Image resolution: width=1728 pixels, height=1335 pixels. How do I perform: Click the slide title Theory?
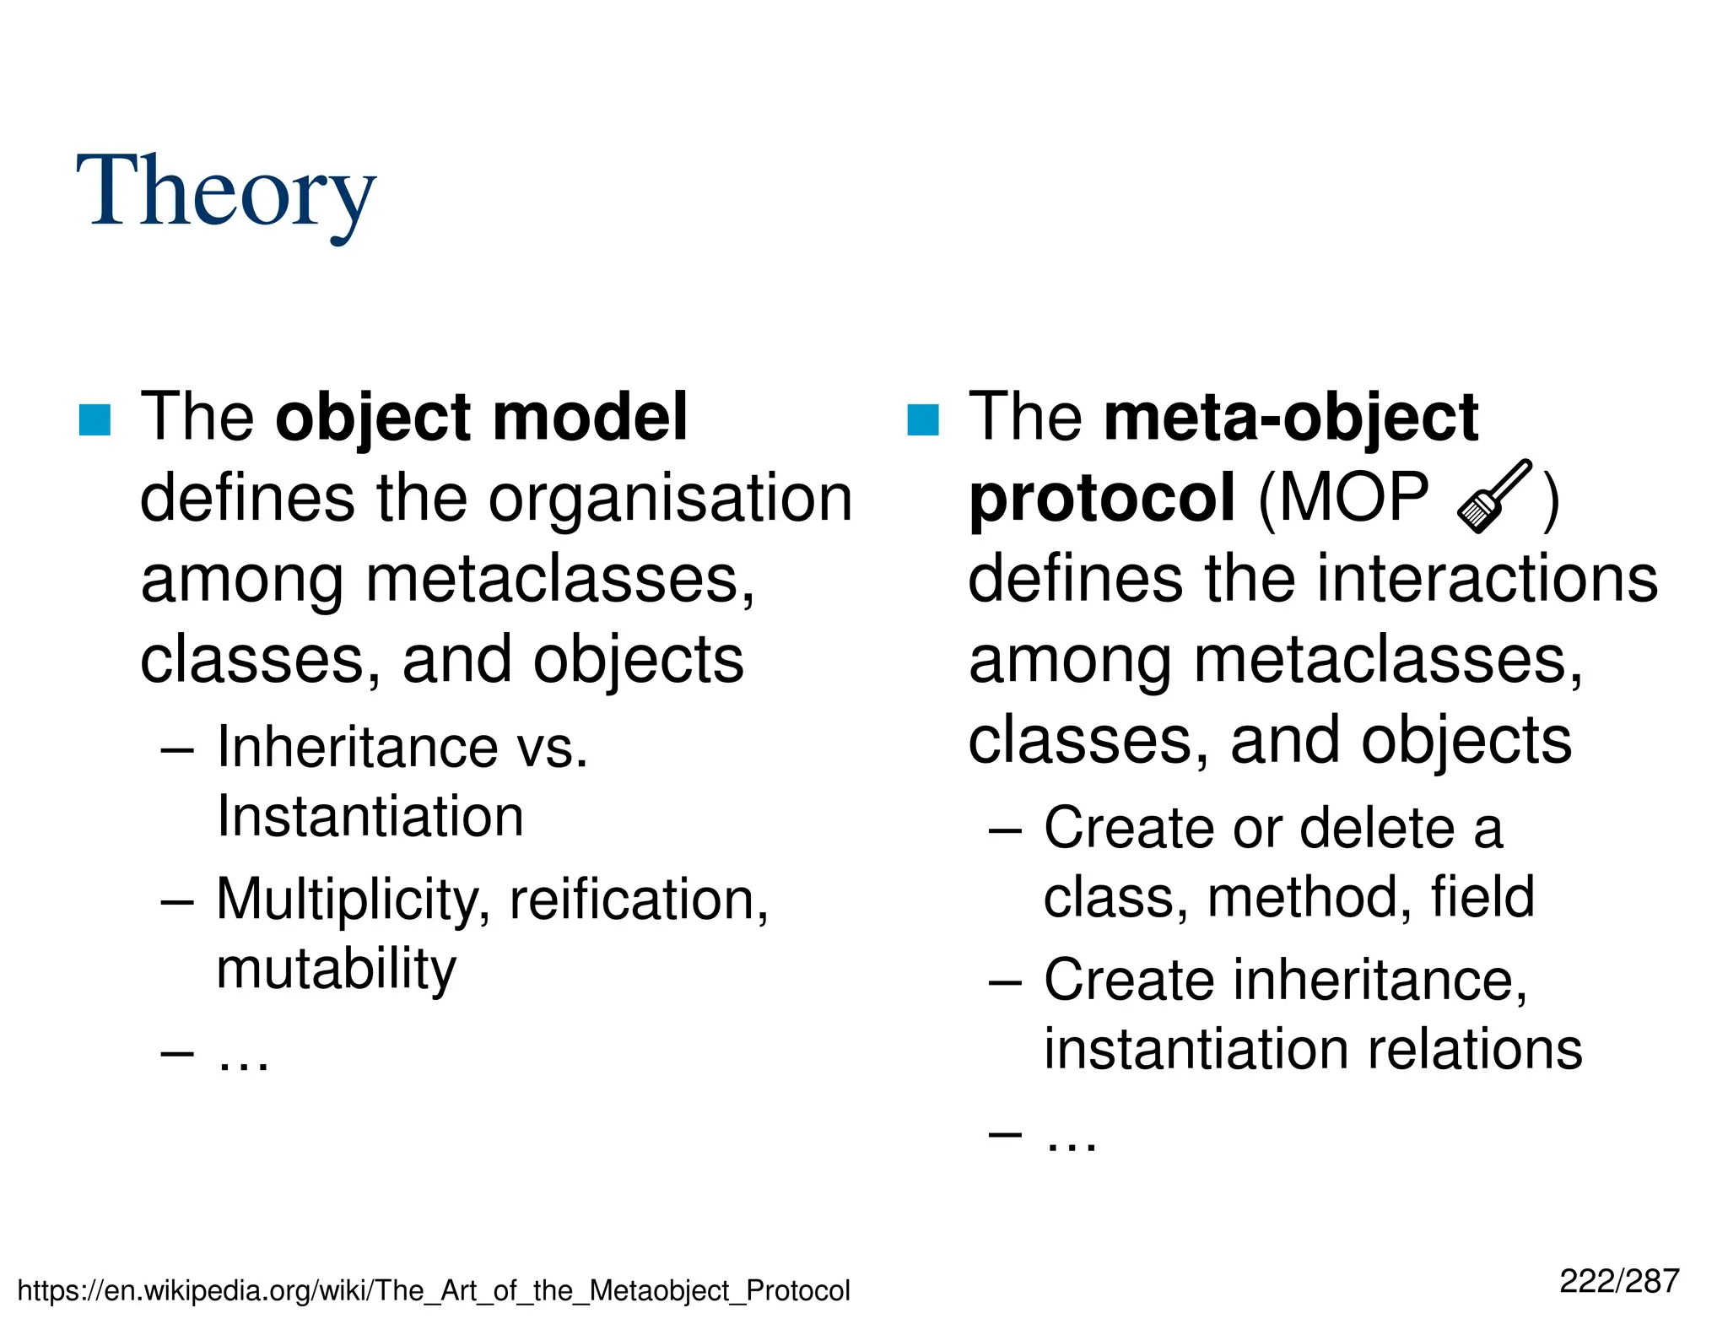click(225, 192)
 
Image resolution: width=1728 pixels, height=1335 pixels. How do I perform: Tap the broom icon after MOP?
click(1494, 496)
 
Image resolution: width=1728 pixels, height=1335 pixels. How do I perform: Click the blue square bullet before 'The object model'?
click(94, 419)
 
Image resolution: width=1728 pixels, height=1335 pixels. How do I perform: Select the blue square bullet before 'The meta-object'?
click(922, 419)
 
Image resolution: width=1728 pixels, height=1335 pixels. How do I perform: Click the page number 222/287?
click(1619, 1281)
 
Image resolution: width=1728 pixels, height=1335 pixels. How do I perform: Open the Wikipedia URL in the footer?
click(434, 1290)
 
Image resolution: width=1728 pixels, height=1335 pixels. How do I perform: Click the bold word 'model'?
click(590, 417)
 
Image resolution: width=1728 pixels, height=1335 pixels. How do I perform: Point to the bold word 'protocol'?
click(1102, 498)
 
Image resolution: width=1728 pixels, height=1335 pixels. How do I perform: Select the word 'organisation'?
click(671, 498)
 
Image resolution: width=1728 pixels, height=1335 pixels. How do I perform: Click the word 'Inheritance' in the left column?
click(358, 748)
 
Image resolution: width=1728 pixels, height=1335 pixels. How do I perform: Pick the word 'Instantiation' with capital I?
click(370, 817)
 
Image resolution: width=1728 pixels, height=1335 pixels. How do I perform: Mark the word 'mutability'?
click(336, 969)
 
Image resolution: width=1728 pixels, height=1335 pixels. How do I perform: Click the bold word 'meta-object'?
click(1291, 417)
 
